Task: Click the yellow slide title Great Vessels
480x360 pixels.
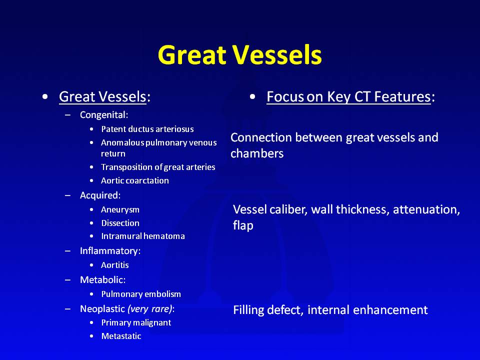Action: (239, 55)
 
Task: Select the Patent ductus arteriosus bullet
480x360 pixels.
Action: (147, 129)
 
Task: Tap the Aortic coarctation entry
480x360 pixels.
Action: (134, 180)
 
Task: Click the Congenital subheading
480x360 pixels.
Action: (104, 115)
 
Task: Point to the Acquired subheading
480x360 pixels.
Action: (100, 195)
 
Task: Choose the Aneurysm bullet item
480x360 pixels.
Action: (120, 209)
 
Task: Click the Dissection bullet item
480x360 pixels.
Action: (120, 223)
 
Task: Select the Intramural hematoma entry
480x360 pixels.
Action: (143, 236)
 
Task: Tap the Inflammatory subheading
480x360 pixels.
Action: (110, 251)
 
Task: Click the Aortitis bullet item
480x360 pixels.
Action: (115, 265)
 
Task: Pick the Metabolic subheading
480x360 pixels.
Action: (102, 280)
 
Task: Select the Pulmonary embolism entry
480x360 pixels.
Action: (141, 294)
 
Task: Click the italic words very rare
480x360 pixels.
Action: (150, 309)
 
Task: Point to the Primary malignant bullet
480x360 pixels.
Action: (136, 322)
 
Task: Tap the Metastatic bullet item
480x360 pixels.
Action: (121, 336)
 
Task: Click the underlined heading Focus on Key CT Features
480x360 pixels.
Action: (348, 96)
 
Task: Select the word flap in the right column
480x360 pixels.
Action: (243, 225)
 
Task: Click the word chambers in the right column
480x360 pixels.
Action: (257, 153)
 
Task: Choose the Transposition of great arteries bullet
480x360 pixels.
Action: (158, 167)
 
